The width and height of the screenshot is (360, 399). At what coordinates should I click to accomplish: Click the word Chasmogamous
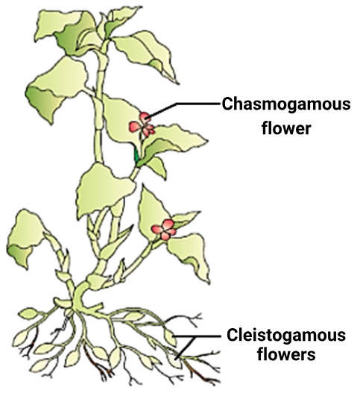coord(286,104)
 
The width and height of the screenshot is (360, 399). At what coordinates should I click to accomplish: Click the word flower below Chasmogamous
coord(286,128)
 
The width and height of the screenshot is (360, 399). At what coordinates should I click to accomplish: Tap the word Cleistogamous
coord(286,336)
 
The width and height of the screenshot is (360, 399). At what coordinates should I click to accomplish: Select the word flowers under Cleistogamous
coord(286,354)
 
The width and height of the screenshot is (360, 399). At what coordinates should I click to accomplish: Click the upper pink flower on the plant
coord(143,125)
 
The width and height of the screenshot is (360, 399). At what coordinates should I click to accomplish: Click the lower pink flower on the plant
coord(165,230)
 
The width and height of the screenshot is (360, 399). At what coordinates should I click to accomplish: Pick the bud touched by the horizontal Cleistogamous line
coord(170,337)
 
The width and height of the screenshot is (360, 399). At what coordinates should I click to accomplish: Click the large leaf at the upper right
coord(146,54)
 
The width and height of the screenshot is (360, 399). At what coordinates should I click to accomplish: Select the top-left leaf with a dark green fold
coord(66,32)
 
